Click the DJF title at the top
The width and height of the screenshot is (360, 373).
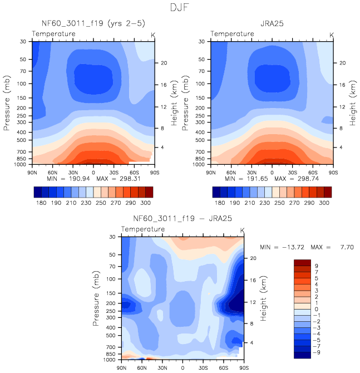point(180,8)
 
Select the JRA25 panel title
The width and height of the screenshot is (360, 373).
point(272,24)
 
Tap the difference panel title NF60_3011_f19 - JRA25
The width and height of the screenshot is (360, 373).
point(182,219)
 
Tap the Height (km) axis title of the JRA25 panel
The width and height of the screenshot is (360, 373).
point(353,102)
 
